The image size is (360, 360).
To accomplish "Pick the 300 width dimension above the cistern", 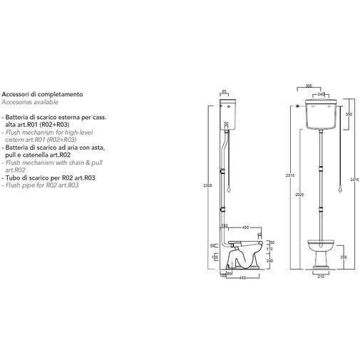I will tap(308, 86).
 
